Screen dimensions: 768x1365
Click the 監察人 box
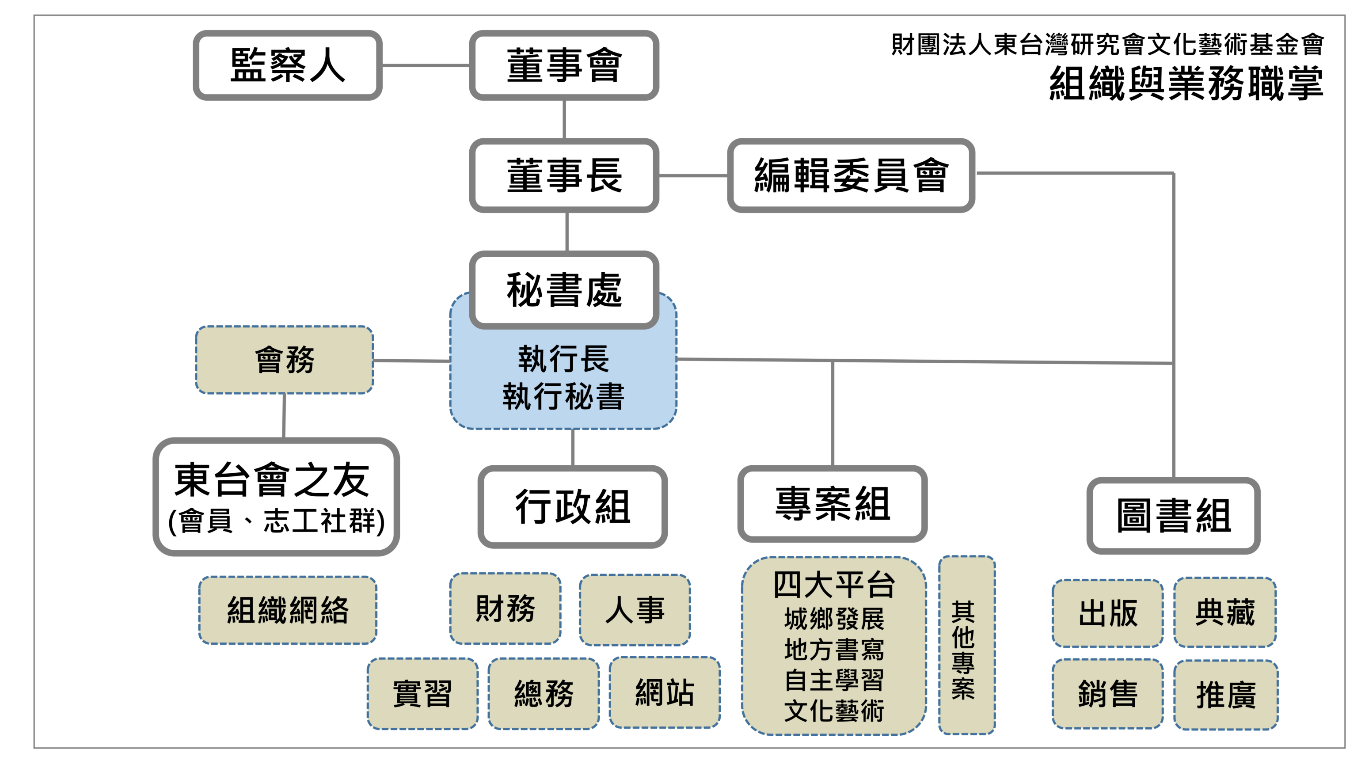click(x=287, y=65)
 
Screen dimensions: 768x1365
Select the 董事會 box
click(x=564, y=65)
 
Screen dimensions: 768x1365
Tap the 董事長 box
click(x=564, y=175)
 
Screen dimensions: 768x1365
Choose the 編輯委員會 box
click(x=851, y=175)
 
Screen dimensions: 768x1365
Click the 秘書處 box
click(x=564, y=289)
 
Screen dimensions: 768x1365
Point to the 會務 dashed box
click(x=285, y=360)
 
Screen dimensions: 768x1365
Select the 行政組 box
click(x=572, y=507)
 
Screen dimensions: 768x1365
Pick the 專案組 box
click(x=832, y=503)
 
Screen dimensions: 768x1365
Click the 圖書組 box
click(x=1173, y=515)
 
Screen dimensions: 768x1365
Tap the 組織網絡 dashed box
click(x=288, y=610)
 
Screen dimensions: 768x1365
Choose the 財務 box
click(x=505, y=608)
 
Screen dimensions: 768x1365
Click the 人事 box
click(x=635, y=609)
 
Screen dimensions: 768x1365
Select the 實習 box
click(x=422, y=693)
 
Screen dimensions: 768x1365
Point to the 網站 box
click(x=665, y=692)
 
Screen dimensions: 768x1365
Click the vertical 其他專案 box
click(x=966, y=645)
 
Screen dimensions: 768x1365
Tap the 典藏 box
click(x=1224, y=612)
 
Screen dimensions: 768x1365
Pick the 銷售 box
click(x=1107, y=694)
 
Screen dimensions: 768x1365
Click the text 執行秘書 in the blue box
click(x=563, y=396)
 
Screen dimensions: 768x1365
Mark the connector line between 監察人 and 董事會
click(x=426, y=65)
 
